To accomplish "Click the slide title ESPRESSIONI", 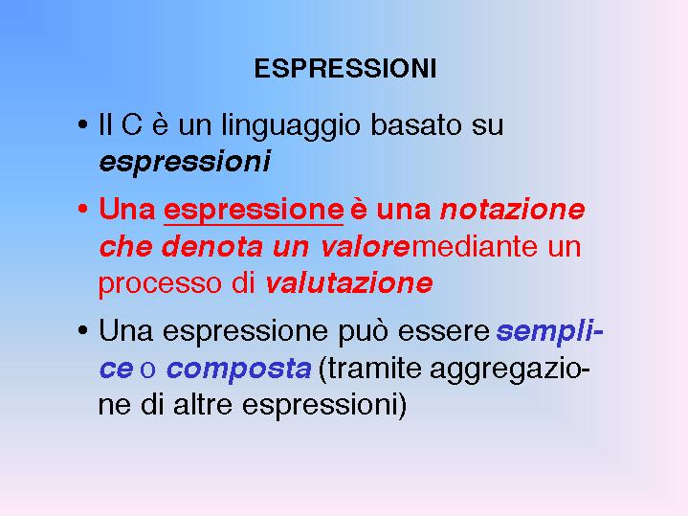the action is point(345,69).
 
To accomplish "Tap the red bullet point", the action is point(82,209).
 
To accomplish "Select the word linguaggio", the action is point(291,126).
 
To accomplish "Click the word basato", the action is point(416,124).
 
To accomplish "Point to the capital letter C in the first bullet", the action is point(132,124).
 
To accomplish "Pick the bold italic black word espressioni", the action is point(185,162).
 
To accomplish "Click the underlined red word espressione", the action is point(254,211).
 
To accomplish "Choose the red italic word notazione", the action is point(513,209).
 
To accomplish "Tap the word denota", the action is point(212,246).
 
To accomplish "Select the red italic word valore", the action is point(366,247).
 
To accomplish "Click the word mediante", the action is point(475,246).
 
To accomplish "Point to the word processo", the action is point(160,284).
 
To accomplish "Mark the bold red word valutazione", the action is point(349,282).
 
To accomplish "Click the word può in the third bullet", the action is point(363,331).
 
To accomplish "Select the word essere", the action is point(444,331).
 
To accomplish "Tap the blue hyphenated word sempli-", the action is point(550,331).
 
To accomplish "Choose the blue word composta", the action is point(239,370).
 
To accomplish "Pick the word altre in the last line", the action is point(203,404).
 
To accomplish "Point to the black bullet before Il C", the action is point(82,124).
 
